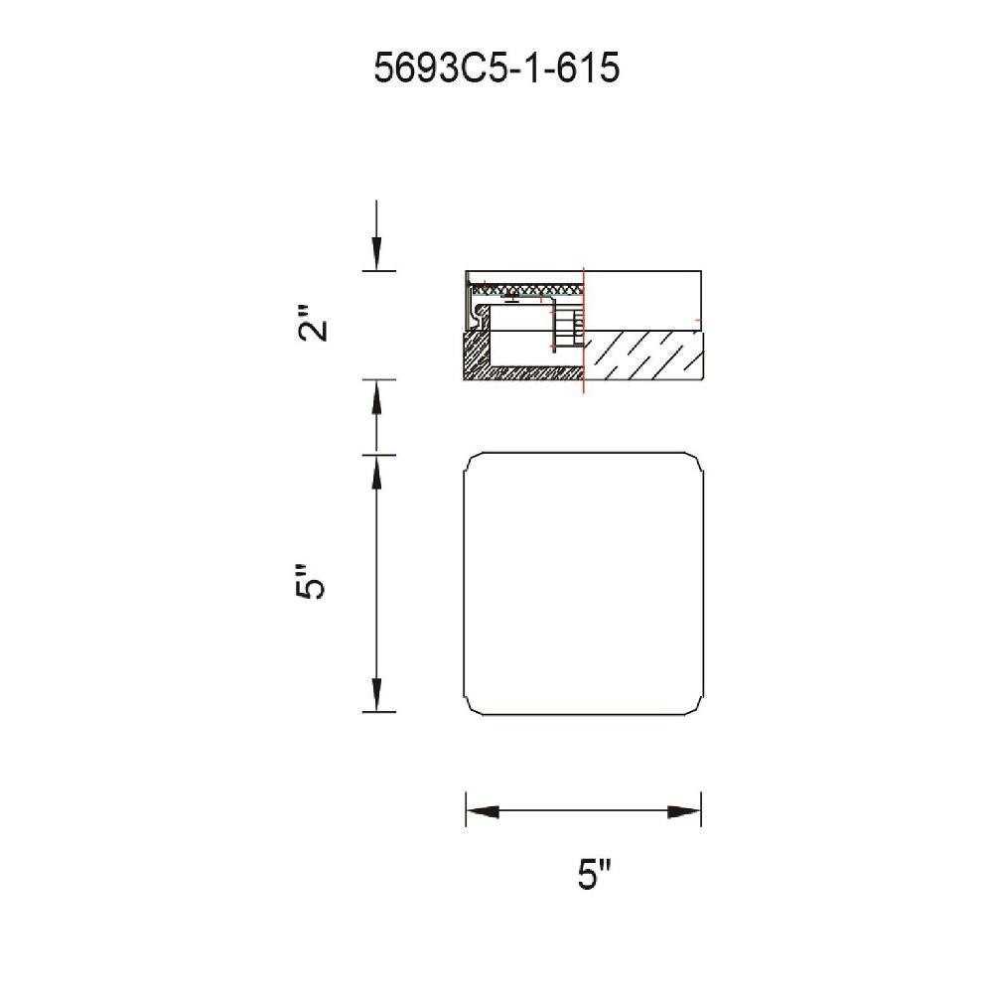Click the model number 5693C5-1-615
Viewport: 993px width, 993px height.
coord(496,68)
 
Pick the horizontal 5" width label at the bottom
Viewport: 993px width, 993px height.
coord(595,874)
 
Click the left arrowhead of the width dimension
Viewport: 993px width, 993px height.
coord(483,811)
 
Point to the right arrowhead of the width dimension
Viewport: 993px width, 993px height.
coord(684,811)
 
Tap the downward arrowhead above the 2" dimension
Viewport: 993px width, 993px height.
coord(376,253)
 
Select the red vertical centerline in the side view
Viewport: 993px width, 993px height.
coord(583,330)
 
